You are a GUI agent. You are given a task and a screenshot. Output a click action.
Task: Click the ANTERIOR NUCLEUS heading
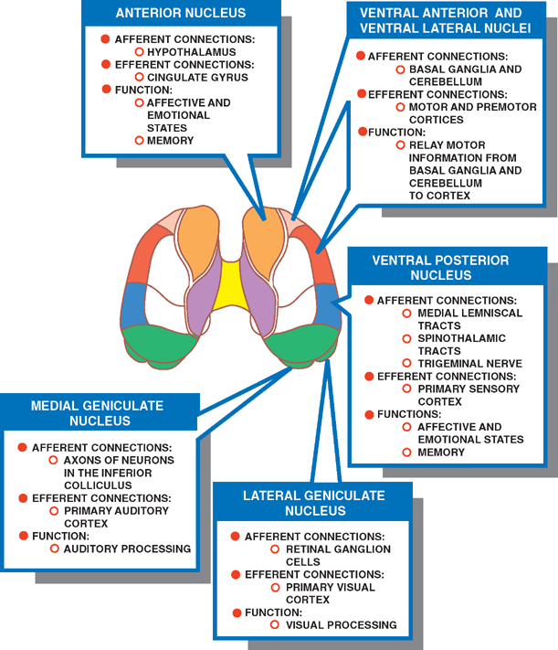tap(181, 14)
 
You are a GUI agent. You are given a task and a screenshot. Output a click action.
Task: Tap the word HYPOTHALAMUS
tap(191, 53)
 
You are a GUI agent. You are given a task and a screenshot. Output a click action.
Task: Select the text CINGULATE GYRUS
tap(198, 78)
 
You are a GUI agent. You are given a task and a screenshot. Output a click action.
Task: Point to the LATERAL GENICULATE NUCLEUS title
tap(314, 502)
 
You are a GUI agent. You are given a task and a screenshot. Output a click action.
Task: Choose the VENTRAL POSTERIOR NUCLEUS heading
tap(440, 267)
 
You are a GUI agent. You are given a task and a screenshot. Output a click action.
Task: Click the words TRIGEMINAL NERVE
tap(469, 363)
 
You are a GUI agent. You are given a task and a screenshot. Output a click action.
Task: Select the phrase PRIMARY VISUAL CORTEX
tap(330, 593)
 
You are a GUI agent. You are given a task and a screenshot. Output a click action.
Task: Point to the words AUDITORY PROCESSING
tap(127, 549)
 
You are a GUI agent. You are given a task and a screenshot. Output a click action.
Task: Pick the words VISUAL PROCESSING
tap(341, 625)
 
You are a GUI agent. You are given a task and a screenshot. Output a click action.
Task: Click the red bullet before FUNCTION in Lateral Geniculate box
tap(236, 613)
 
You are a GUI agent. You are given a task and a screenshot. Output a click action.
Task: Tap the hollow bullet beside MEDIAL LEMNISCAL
tap(407, 313)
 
